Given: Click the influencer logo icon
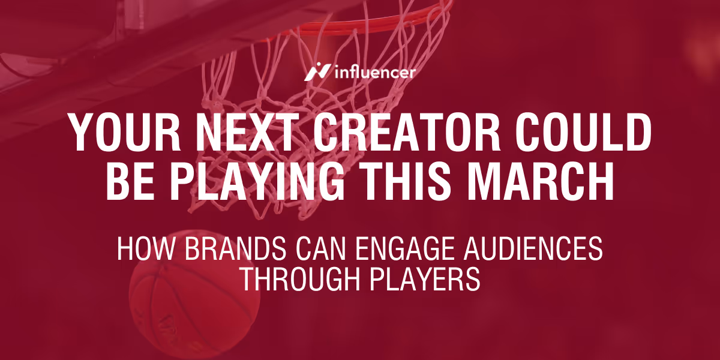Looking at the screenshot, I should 316,72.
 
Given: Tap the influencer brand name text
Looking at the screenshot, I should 373,73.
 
